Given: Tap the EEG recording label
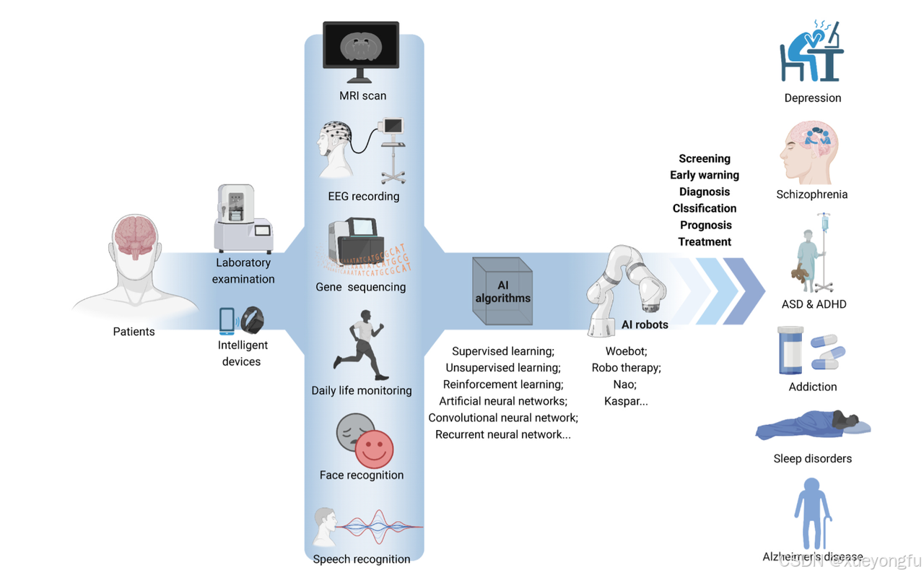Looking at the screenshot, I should [363, 196].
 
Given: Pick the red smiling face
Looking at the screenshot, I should [374, 448].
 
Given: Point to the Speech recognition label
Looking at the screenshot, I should [361, 559].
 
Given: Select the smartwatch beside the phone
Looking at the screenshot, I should [253, 319].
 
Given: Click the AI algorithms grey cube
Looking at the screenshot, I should [502, 291].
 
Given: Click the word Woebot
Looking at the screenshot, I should [626, 351].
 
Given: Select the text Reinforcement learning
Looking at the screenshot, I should [502, 384].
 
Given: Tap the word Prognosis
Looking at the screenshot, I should [705, 225].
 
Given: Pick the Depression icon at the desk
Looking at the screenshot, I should [811, 52].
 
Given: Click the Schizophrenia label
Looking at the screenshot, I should [812, 194].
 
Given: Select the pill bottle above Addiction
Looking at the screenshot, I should [790, 351].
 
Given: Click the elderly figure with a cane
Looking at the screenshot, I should [812, 513].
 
